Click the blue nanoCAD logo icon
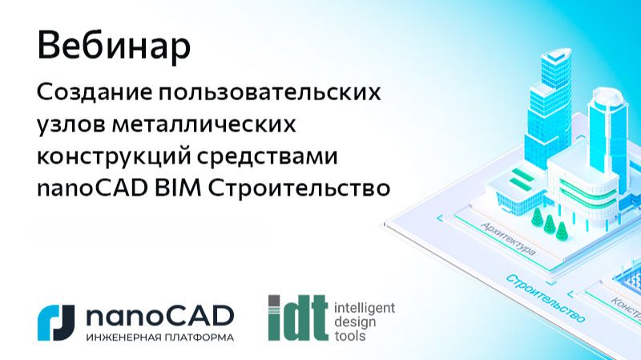[x=56, y=318]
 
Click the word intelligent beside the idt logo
[x=364, y=306]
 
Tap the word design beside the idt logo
[x=353, y=321]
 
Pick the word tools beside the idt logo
[x=349, y=335]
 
